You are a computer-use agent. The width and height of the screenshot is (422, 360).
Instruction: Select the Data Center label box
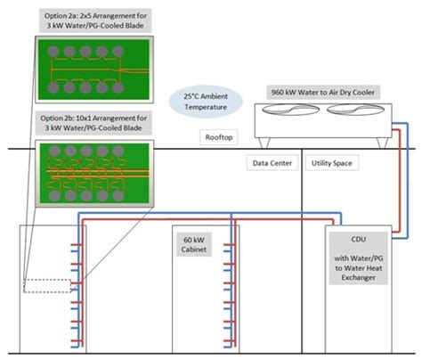[x=272, y=163]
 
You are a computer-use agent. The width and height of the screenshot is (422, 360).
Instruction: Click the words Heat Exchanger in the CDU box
[x=359, y=278]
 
